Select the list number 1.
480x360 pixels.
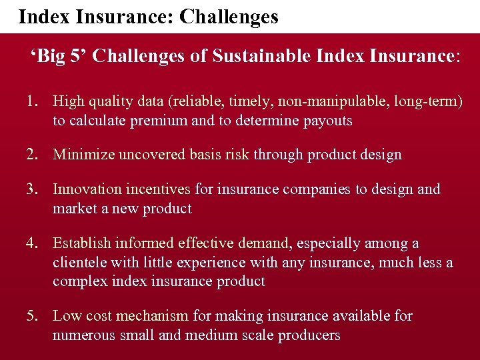31,101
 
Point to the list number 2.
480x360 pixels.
32,155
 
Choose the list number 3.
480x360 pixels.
32,189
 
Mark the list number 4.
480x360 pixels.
32,243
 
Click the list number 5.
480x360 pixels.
32,315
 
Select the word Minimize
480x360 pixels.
83,155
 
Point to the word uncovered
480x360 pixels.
150,155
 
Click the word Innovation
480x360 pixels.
85,189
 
